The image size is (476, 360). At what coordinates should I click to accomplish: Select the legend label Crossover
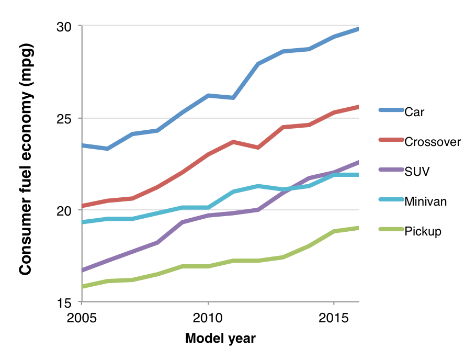pos(433,141)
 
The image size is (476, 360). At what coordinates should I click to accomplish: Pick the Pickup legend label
pos(423,231)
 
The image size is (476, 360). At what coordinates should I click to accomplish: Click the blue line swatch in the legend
pos(391,110)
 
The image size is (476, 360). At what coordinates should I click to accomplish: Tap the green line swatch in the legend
pos(391,230)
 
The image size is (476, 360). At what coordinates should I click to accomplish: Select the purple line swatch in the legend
pos(391,170)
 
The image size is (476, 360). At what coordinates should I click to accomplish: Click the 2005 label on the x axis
pos(82,318)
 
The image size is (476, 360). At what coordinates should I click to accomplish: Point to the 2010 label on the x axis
pos(208,318)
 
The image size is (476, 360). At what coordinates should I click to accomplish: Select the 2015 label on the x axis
pos(334,318)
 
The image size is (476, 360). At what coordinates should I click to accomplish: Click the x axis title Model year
pos(220,339)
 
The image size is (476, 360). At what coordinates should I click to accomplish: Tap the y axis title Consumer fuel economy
pos(25,159)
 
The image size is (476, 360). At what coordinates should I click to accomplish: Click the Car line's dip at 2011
pos(233,98)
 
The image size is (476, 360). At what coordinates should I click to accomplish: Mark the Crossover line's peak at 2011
pos(233,142)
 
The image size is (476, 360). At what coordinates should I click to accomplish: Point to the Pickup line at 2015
pos(334,231)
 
